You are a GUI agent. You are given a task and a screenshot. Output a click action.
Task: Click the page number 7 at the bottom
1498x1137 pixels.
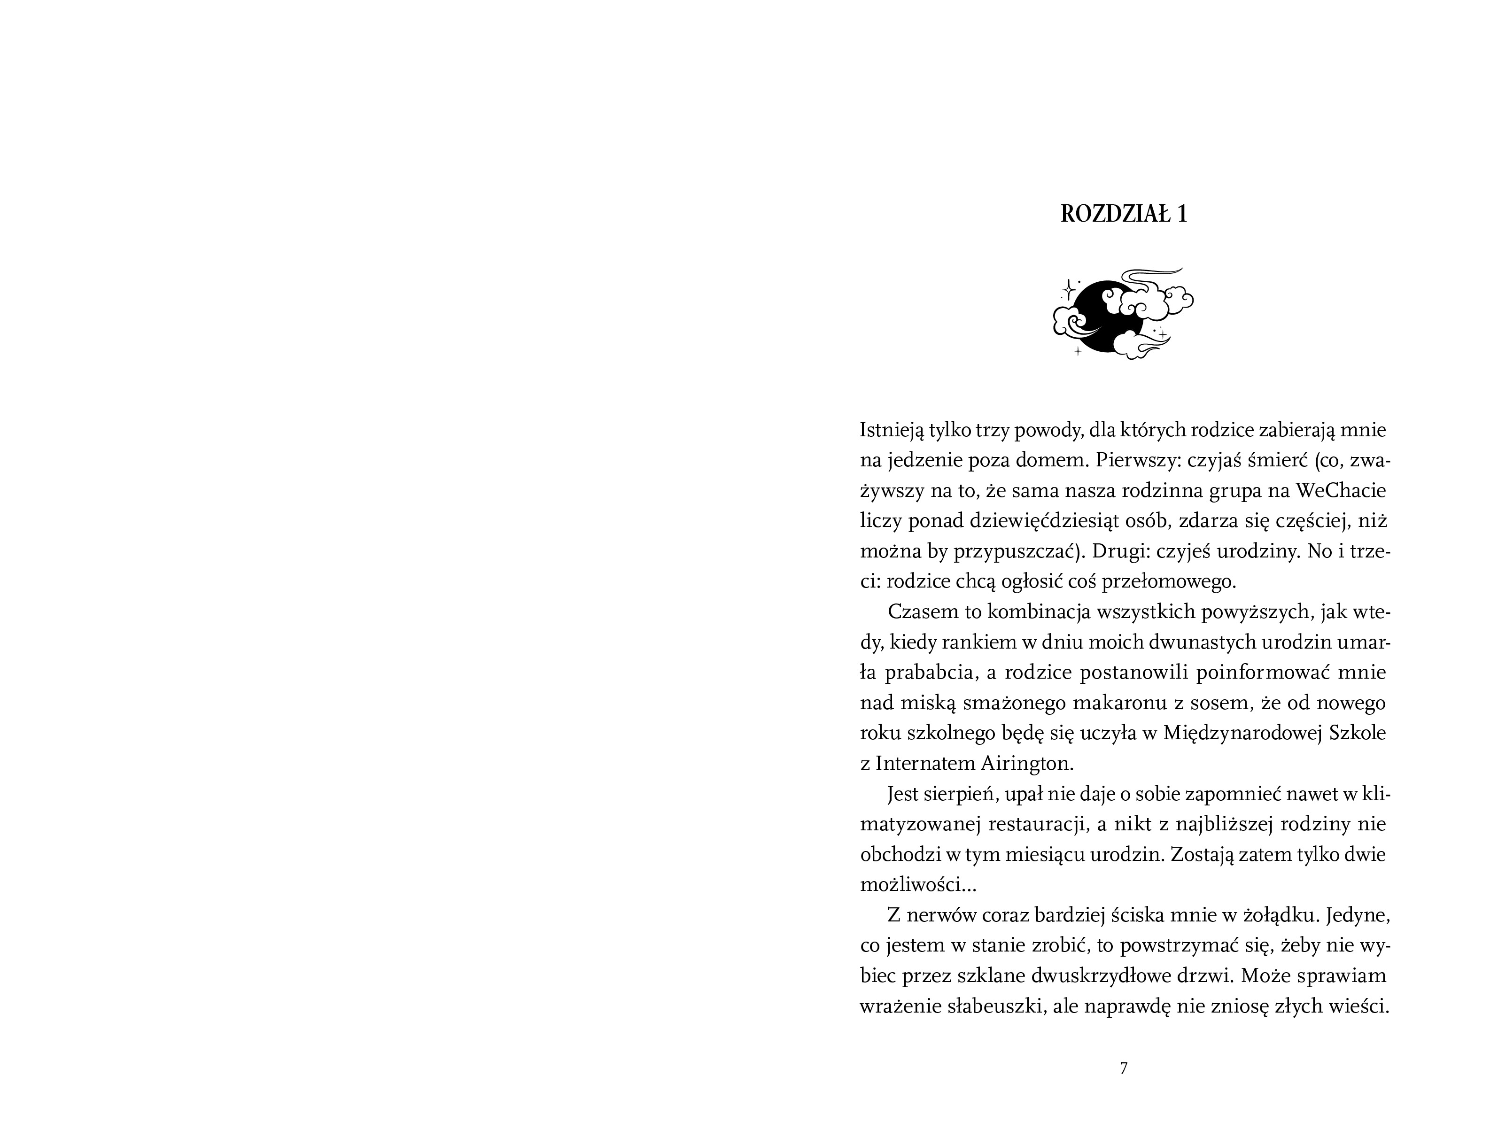(1124, 1068)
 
